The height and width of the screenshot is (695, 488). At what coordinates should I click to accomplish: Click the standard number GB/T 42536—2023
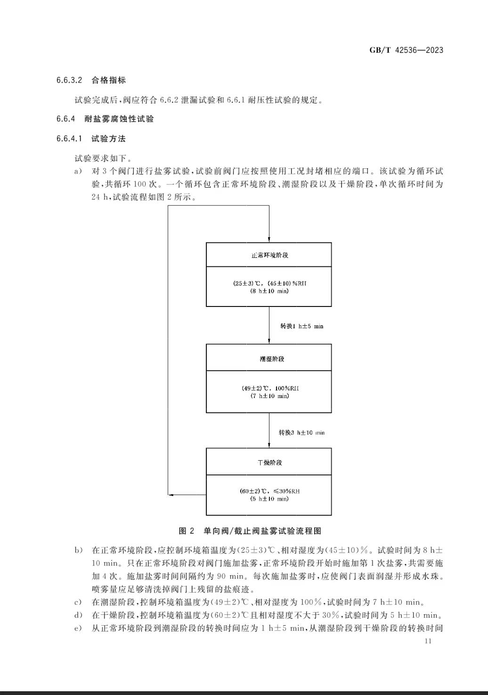point(406,50)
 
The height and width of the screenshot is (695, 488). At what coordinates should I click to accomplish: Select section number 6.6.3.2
point(69,80)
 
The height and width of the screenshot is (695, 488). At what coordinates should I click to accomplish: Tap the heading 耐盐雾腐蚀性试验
point(119,119)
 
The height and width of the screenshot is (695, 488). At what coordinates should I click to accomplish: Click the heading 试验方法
point(108,139)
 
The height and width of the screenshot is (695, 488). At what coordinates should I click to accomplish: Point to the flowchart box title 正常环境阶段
point(269,255)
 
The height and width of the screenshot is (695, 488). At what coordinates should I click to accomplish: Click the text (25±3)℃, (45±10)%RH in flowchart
point(269,283)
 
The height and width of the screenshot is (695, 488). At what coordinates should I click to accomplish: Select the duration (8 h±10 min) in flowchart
point(269,291)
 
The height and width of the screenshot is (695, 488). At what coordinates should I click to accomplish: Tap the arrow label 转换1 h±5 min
point(302,326)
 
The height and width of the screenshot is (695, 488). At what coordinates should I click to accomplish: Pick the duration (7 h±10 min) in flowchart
point(269,396)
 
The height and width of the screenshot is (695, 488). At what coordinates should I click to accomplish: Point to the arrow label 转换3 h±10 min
point(301,432)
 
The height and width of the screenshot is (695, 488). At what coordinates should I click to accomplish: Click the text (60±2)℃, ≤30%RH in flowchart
point(269,491)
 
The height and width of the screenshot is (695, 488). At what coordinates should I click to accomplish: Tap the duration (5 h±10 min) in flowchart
point(269,499)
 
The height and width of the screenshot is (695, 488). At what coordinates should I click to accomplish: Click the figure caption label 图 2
point(187,531)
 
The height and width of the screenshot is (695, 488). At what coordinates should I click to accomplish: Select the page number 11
point(428,641)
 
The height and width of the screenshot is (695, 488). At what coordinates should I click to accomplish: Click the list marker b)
point(78,550)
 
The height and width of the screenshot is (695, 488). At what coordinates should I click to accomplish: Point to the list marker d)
point(78,615)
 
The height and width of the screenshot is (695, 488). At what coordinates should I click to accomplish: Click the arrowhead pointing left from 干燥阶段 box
point(171,495)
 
